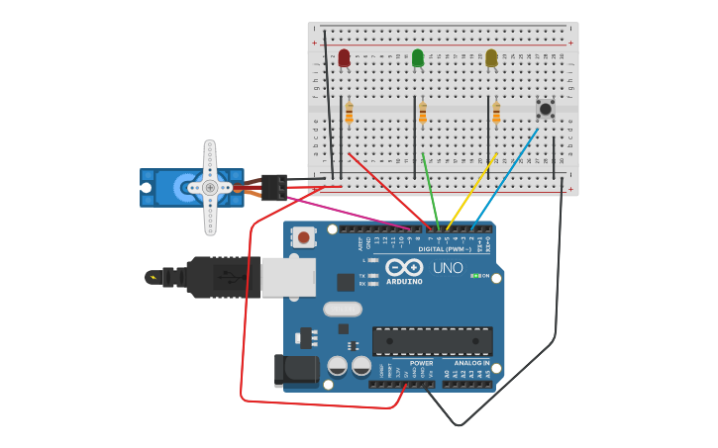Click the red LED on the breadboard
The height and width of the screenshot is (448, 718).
344,58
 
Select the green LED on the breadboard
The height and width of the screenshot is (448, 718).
417,58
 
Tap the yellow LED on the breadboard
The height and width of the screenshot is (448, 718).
491,58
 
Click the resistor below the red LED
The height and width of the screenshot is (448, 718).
349,115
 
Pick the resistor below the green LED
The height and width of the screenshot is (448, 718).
423,115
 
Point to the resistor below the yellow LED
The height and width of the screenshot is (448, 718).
496,115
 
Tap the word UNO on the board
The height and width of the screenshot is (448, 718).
448,268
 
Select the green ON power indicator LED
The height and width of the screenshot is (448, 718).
476,276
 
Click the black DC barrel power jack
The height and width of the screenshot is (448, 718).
294,371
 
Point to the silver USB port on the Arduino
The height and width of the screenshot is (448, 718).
288,277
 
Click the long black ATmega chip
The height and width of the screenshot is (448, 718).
432,341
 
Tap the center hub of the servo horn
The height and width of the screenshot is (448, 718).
210,187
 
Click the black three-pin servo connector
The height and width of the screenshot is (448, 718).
274,186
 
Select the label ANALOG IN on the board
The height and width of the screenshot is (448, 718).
472,363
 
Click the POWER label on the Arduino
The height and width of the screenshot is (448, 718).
421,363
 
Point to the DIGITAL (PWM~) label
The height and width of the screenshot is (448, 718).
445,249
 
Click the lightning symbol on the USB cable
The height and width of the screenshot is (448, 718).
153,278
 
